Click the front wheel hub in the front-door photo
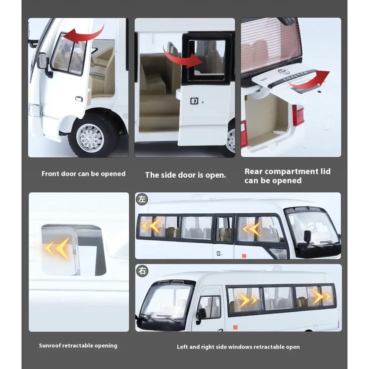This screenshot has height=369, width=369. (90, 138)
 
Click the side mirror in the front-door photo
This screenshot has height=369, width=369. (43, 61)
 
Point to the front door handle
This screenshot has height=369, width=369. (79, 98)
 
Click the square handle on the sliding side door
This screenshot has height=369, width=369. (194, 101)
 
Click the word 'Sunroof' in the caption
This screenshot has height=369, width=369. (50, 346)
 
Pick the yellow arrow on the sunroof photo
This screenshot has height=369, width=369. (58, 248)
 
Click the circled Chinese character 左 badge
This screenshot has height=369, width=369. (142, 199)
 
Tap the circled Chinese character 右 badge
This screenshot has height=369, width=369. (142, 271)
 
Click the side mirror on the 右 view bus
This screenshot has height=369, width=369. (201, 314)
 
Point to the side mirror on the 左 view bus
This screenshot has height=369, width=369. (307, 236)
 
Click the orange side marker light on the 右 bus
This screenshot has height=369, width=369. (235, 327)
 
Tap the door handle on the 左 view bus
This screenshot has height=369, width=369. (218, 253)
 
